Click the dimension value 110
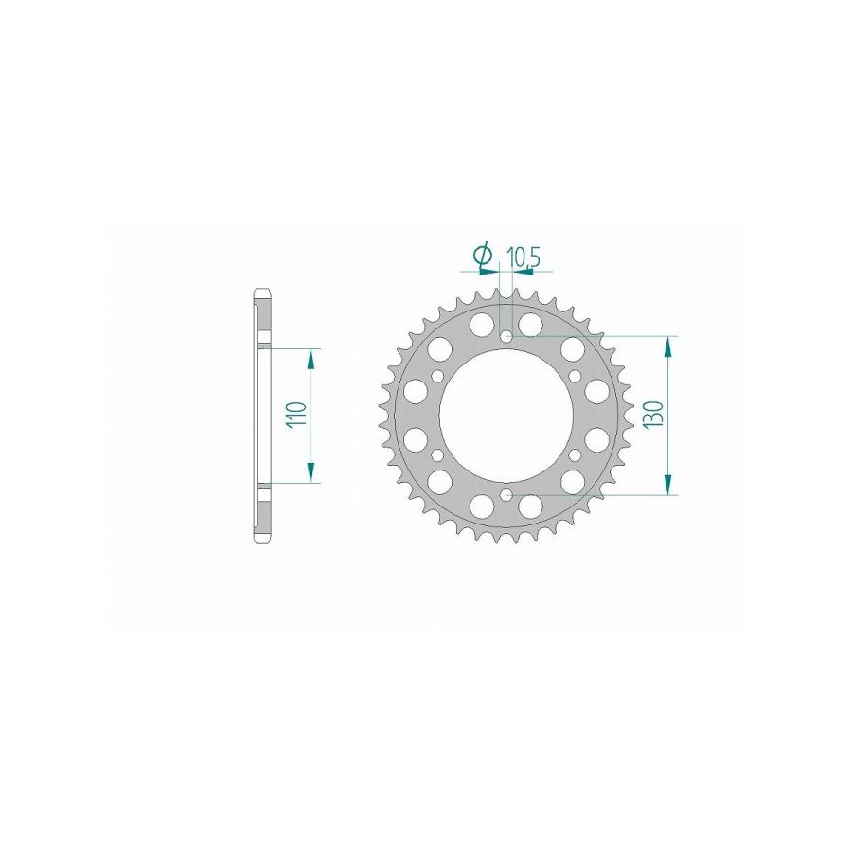click(299, 416)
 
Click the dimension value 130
click(653, 416)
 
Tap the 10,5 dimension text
click(523, 257)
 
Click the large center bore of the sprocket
click(507, 416)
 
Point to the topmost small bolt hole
click(507, 336)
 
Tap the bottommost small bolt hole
click(507, 494)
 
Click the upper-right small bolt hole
click(576, 376)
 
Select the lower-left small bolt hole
click(438, 454)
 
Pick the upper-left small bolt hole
click(438, 376)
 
